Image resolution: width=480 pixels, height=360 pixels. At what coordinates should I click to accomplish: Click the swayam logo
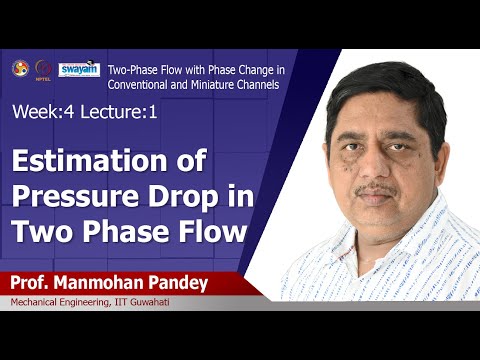pyautogui.click(x=79, y=69)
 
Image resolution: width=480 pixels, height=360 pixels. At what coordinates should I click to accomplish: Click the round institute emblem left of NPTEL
pyautogui.click(x=19, y=68)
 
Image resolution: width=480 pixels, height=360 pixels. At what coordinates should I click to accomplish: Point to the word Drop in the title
pyautogui.click(x=182, y=196)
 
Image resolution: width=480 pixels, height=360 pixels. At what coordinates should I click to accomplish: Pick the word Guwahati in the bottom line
pyautogui.click(x=177, y=304)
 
